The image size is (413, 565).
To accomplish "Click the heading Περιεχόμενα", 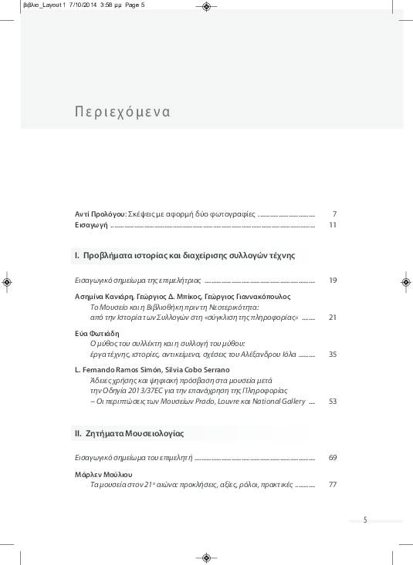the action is (123, 112).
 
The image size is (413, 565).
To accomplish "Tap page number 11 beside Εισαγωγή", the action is (333, 225).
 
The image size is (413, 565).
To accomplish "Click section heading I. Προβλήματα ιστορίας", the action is (184, 254).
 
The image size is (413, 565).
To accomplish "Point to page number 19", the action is (333, 280).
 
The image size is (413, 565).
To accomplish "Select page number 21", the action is (333, 317).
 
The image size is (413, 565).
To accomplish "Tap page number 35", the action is (333, 354).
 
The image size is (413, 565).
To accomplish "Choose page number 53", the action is (333, 401).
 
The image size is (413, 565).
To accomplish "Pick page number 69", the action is (333, 458).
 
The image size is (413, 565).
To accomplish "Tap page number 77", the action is (333, 485).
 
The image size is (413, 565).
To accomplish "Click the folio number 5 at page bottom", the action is (365, 520).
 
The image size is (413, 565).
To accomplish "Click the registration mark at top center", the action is (206, 7).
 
